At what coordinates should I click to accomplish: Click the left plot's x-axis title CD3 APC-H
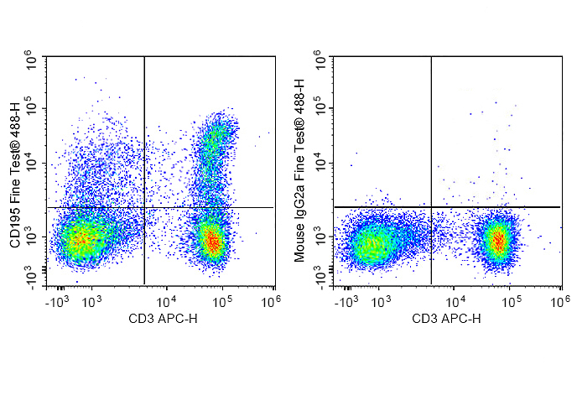pyautogui.click(x=159, y=319)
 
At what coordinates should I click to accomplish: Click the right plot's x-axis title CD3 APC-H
pyautogui.click(x=446, y=319)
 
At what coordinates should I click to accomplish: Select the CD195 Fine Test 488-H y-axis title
pyautogui.click(x=14, y=172)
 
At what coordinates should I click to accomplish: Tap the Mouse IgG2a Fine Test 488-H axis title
pyautogui.click(x=300, y=172)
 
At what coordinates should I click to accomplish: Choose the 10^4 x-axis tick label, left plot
pyautogui.click(x=165, y=299)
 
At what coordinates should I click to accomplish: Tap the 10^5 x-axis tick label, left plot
pyautogui.click(x=220, y=299)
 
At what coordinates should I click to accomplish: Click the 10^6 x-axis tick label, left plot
pyautogui.click(x=273, y=299)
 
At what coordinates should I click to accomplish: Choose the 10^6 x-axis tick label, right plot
pyautogui.click(x=559, y=299)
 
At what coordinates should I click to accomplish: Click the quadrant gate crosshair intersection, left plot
pyautogui.click(x=144, y=207)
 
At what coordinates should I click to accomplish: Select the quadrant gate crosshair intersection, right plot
pyautogui.click(x=431, y=206)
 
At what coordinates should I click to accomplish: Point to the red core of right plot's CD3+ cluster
pyautogui.click(x=499, y=241)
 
